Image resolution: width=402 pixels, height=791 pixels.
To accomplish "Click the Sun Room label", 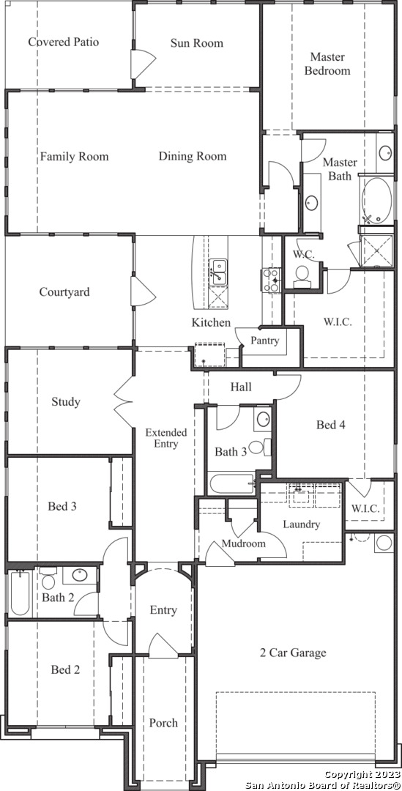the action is pos(196,43).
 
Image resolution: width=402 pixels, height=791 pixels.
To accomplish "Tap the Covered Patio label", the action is pos(64,41).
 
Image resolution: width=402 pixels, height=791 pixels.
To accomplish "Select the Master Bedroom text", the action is pos(327,64).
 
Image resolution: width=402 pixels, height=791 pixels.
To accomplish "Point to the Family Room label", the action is pos(74,157).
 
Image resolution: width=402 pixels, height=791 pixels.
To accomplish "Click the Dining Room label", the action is pos(193,157).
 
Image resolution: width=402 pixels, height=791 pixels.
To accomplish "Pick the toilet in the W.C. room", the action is pos(302,276).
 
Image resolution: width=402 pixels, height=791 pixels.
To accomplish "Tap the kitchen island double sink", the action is pos(218,272).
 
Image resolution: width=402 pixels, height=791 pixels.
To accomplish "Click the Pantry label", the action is pos(265,341).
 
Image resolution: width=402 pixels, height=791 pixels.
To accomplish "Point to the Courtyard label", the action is pos(64,292).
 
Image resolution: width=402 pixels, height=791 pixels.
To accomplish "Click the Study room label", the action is pos(66,402).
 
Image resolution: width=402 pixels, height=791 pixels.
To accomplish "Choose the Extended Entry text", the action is pos(166,438).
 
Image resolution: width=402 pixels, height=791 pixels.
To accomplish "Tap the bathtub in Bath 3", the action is pos(231,484).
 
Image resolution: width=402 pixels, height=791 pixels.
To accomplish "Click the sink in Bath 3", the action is pos(263,419).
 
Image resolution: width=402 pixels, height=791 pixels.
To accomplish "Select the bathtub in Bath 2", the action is pos(20,593).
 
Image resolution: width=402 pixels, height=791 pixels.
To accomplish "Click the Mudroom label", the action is pos(244,543).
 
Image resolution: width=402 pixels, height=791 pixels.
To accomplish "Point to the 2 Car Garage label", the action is pos(293,653).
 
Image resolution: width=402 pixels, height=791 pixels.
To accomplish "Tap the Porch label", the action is pos(163,723).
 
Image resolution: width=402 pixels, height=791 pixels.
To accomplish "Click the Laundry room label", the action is pos(301,524).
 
